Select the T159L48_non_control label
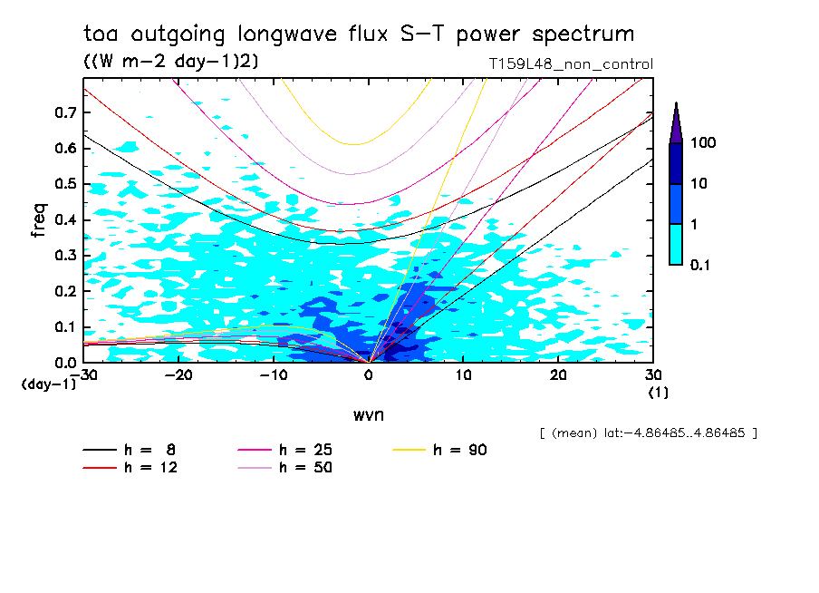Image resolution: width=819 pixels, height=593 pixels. [570, 64]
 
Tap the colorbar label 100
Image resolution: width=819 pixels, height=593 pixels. [703, 143]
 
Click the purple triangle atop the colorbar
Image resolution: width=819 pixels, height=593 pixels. [676, 122]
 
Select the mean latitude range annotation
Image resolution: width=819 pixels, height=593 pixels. [648, 433]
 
